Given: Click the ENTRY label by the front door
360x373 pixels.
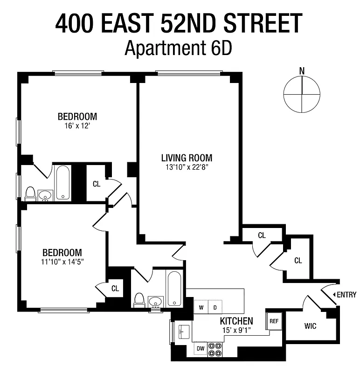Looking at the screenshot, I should pos(346,295).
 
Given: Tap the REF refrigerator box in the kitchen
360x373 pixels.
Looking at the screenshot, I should pos(274,321).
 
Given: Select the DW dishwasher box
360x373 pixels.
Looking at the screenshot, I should pos(201,348).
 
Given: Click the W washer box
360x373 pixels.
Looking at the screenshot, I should pos(201,307).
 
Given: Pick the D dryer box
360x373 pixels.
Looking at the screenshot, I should pos(215,307).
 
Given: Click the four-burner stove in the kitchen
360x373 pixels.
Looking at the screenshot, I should pos(215,349).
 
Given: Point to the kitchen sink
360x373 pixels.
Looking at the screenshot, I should pos(182,332).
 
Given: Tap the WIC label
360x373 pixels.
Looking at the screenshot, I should pos(310,326).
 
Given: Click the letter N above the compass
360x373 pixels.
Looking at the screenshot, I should pos(302,71).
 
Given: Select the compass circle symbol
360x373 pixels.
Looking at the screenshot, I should pos(302,94).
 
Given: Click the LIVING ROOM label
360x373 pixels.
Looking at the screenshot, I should pos(187,158).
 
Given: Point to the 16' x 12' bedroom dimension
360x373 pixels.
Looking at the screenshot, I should pos(77,125).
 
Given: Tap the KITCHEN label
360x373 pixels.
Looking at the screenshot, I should pos(236,321).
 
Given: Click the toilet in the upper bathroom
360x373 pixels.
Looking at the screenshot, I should pos(31,193).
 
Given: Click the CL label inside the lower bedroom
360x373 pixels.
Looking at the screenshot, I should pos(115,288).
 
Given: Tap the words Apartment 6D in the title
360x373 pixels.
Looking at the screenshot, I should pos(178,48).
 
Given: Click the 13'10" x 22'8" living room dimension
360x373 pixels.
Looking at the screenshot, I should pos(187,167).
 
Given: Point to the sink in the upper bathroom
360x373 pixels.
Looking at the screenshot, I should pos(45,195).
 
